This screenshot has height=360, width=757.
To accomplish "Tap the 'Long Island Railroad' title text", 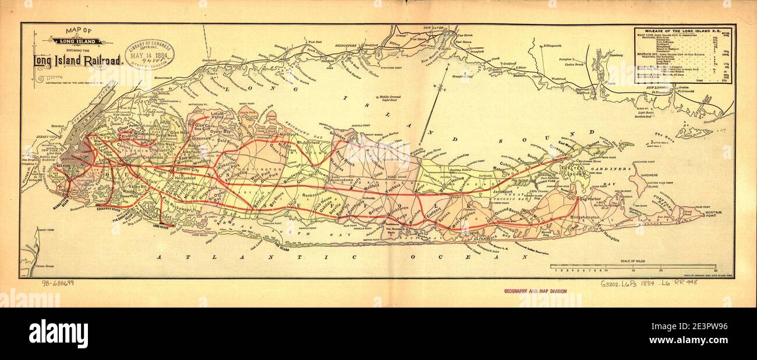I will point(77,60).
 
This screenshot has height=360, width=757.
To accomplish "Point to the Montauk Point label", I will point(717,217).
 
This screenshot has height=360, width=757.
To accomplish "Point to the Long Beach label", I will point(164,226).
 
